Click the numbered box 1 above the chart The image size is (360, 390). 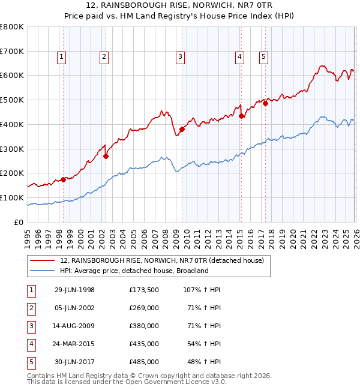click(x=62, y=57)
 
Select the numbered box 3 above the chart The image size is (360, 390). click(x=180, y=57)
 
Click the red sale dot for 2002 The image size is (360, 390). click(x=106, y=156)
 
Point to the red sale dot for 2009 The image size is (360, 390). click(x=182, y=129)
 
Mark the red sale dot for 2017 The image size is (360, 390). click(x=265, y=103)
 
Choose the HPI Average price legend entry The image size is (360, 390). click(x=134, y=271)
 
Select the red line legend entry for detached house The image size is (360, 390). click(x=166, y=260)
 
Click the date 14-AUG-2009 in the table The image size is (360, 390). click(x=74, y=326)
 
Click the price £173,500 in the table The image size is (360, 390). click(x=144, y=290)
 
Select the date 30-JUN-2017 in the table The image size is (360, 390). click(x=74, y=362)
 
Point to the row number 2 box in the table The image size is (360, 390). click(x=30, y=308)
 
